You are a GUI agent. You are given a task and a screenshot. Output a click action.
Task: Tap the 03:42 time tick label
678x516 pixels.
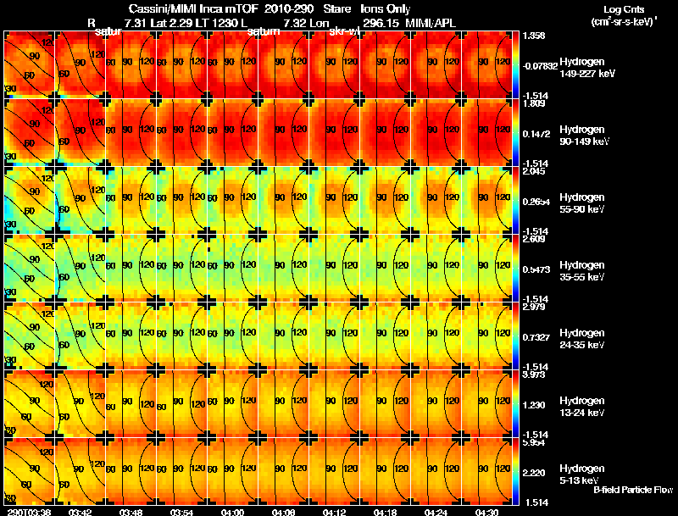[80, 512]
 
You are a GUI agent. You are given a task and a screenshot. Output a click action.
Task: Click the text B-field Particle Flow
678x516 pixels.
[633, 490]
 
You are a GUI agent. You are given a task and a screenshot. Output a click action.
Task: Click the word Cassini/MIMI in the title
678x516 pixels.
[156, 8]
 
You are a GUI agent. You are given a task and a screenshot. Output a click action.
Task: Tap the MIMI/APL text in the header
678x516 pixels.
[456, 21]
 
